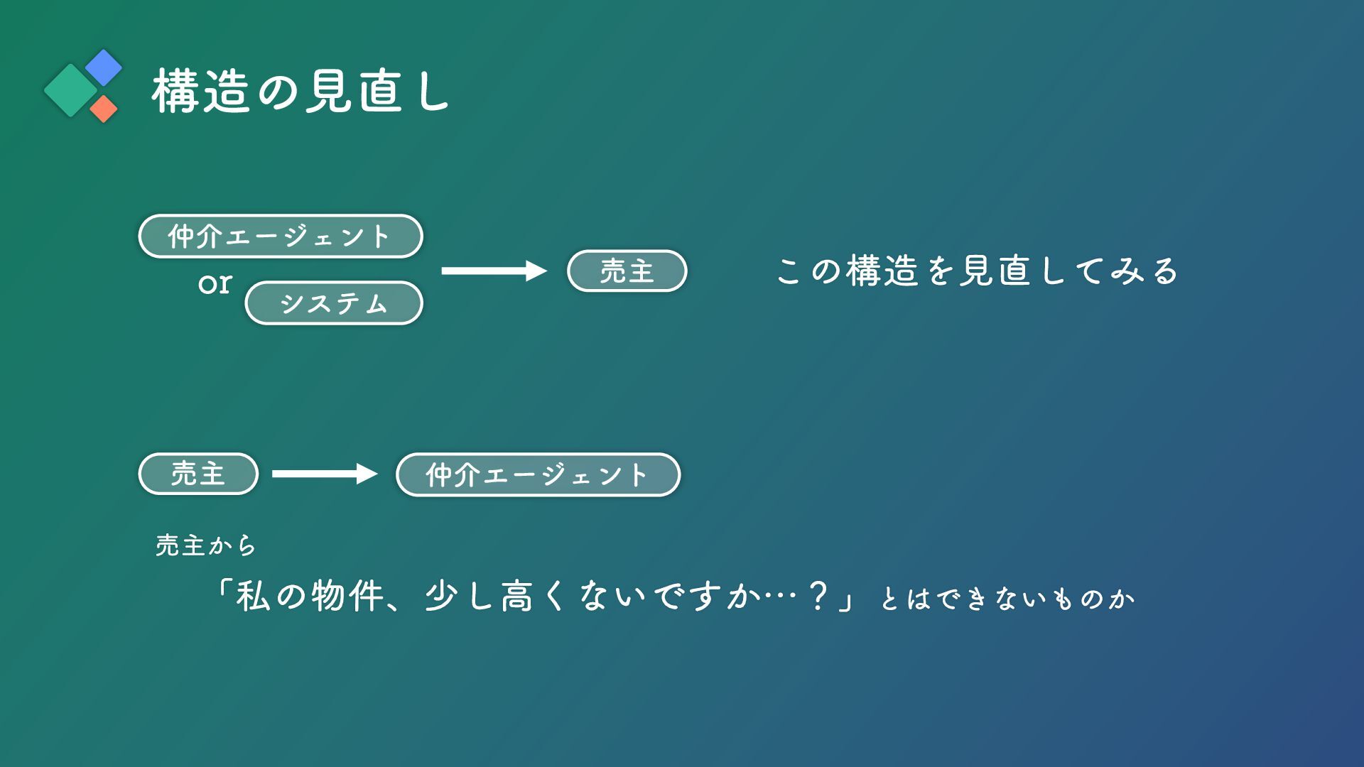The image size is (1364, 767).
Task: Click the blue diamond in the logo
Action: [x=104, y=67]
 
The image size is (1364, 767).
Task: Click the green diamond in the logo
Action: [x=70, y=90]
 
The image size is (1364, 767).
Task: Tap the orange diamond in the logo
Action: [x=104, y=109]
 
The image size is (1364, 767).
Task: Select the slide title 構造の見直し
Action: [x=301, y=92]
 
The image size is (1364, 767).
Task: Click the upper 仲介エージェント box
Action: [x=281, y=236]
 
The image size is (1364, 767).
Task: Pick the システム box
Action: [x=334, y=303]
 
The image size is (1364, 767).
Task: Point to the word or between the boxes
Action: [x=215, y=283]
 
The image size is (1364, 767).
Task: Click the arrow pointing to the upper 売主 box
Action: [x=494, y=271]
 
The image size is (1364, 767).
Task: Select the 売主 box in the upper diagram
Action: [x=627, y=271]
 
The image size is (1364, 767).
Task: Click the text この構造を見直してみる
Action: [x=978, y=271]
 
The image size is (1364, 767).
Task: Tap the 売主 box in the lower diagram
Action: [x=198, y=474]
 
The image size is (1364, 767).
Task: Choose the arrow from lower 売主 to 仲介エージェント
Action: [x=325, y=474]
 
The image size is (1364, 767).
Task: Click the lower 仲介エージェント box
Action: [x=538, y=474]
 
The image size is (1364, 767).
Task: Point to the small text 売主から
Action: [x=206, y=545]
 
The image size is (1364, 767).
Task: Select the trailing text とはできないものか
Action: [x=1007, y=599]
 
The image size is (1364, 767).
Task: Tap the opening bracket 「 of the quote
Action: [x=223, y=589]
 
